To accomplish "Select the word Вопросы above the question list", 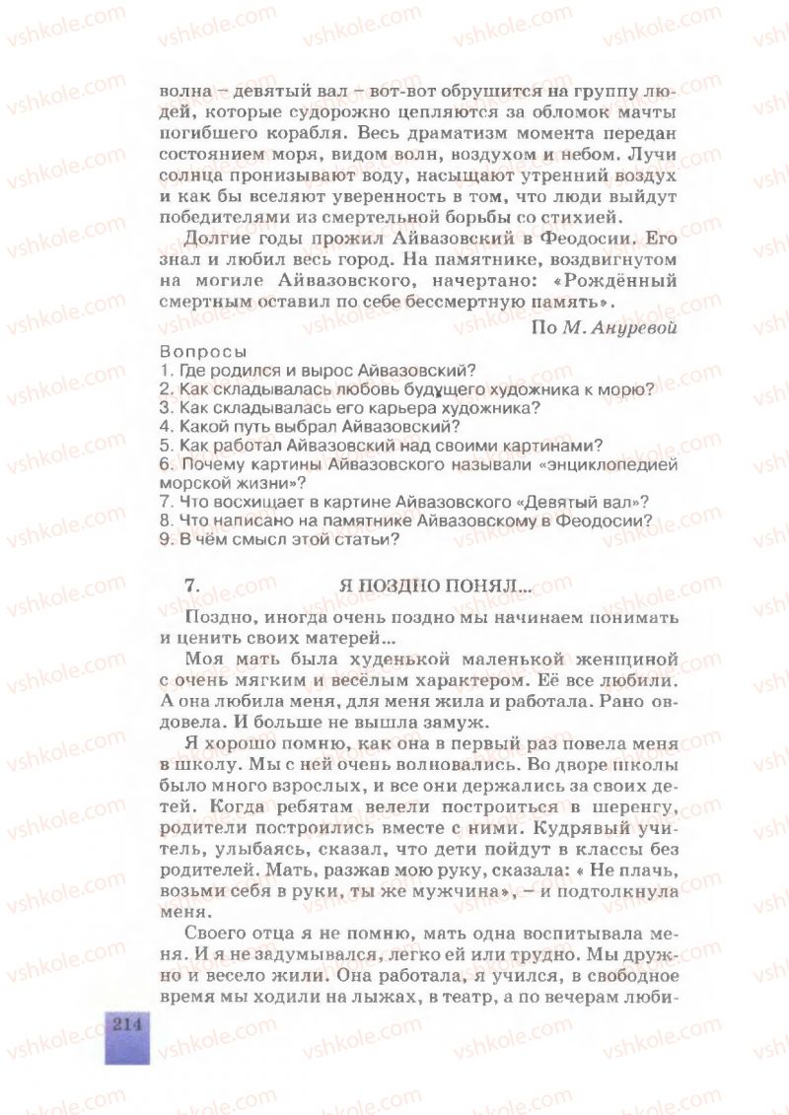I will (203, 352).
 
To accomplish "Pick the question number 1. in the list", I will (165, 371).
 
